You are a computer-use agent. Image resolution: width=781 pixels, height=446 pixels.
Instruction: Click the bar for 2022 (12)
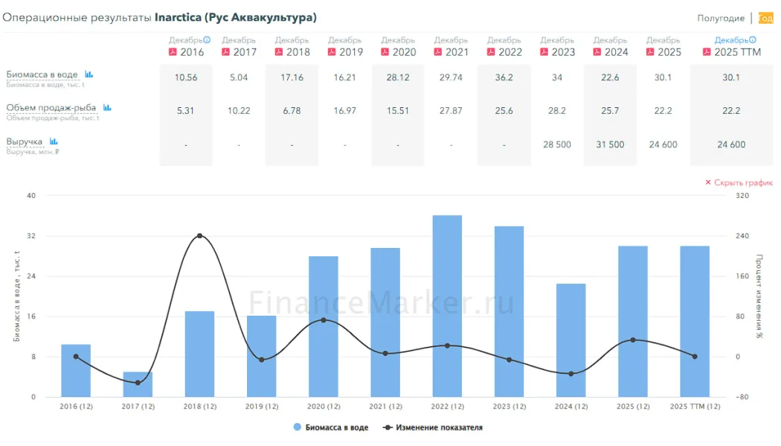click(x=447, y=305)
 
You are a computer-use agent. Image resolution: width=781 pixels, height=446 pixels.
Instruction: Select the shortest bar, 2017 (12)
click(x=138, y=384)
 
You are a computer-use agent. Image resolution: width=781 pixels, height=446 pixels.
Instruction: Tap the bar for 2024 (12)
click(x=571, y=340)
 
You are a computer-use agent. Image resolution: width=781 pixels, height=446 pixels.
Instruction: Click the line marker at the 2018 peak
click(x=199, y=236)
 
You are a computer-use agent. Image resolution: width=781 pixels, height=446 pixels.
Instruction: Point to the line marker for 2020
click(x=323, y=320)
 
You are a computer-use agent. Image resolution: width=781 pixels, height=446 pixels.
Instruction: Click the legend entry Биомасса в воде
click(x=331, y=427)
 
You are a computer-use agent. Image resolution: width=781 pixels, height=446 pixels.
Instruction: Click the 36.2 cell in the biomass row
click(x=504, y=77)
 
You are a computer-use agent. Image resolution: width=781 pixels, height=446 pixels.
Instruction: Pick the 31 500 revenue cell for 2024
click(x=610, y=144)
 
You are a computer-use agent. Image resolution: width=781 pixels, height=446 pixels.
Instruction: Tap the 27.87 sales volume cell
click(x=451, y=111)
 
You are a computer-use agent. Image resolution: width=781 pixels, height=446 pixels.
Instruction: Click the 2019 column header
click(x=345, y=52)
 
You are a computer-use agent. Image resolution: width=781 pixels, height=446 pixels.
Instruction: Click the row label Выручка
click(x=25, y=141)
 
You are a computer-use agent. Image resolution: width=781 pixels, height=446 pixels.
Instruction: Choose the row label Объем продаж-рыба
click(x=51, y=107)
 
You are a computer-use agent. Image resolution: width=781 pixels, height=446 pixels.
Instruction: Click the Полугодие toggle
click(x=720, y=19)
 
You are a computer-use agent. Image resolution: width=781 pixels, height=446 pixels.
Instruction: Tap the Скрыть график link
click(x=739, y=182)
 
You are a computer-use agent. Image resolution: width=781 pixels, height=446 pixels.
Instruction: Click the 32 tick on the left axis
click(x=30, y=236)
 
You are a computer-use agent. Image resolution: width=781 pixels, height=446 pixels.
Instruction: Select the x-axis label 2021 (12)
click(x=385, y=407)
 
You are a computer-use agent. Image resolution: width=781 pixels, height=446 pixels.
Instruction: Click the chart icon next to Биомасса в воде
click(x=89, y=74)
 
